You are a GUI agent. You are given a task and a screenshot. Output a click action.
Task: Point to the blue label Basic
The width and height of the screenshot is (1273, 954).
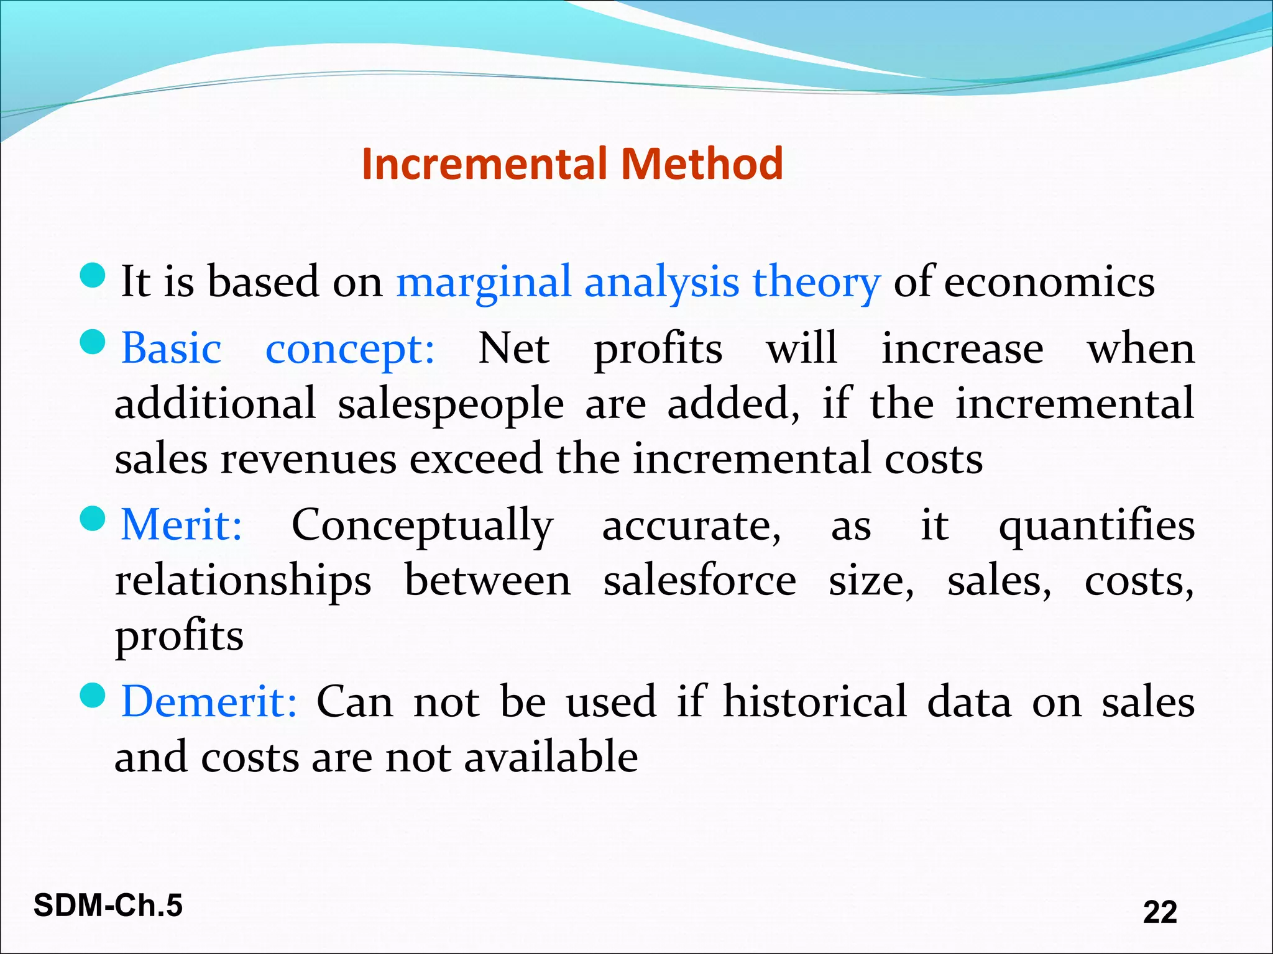click(x=171, y=348)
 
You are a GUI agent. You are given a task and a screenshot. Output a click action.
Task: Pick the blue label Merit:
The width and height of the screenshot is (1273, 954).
click(x=181, y=525)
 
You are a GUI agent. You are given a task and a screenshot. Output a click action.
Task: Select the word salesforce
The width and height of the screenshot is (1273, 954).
click(x=700, y=581)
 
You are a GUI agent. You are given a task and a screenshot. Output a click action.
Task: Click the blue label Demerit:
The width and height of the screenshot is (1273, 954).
click(x=209, y=702)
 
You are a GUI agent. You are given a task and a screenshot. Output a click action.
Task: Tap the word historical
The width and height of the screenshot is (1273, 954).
click(x=815, y=702)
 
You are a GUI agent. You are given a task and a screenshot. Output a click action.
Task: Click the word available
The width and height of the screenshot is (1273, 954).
click(x=551, y=757)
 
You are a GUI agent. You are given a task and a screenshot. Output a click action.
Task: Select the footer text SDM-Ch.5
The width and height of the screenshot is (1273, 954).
click(x=108, y=906)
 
